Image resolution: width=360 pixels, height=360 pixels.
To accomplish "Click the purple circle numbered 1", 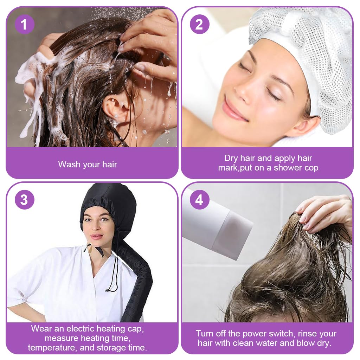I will pyautogui.click(x=24, y=24).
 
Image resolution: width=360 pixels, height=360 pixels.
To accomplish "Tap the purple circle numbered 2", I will pyautogui.click(x=199, y=24).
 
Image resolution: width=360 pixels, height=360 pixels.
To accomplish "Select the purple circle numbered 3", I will pyautogui.click(x=24, y=200).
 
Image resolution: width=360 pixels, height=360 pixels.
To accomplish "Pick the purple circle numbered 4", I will pyautogui.click(x=199, y=200).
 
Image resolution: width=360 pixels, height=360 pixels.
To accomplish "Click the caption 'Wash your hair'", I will pyautogui.click(x=88, y=164).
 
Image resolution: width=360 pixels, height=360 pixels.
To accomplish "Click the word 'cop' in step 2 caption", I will pyautogui.click(x=310, y=168).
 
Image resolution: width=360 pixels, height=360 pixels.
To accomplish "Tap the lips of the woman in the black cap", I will pyautogui.click(x=96, y=237).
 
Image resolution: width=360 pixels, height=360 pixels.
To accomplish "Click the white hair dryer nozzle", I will pyautogui.click(x=232, y=232).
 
